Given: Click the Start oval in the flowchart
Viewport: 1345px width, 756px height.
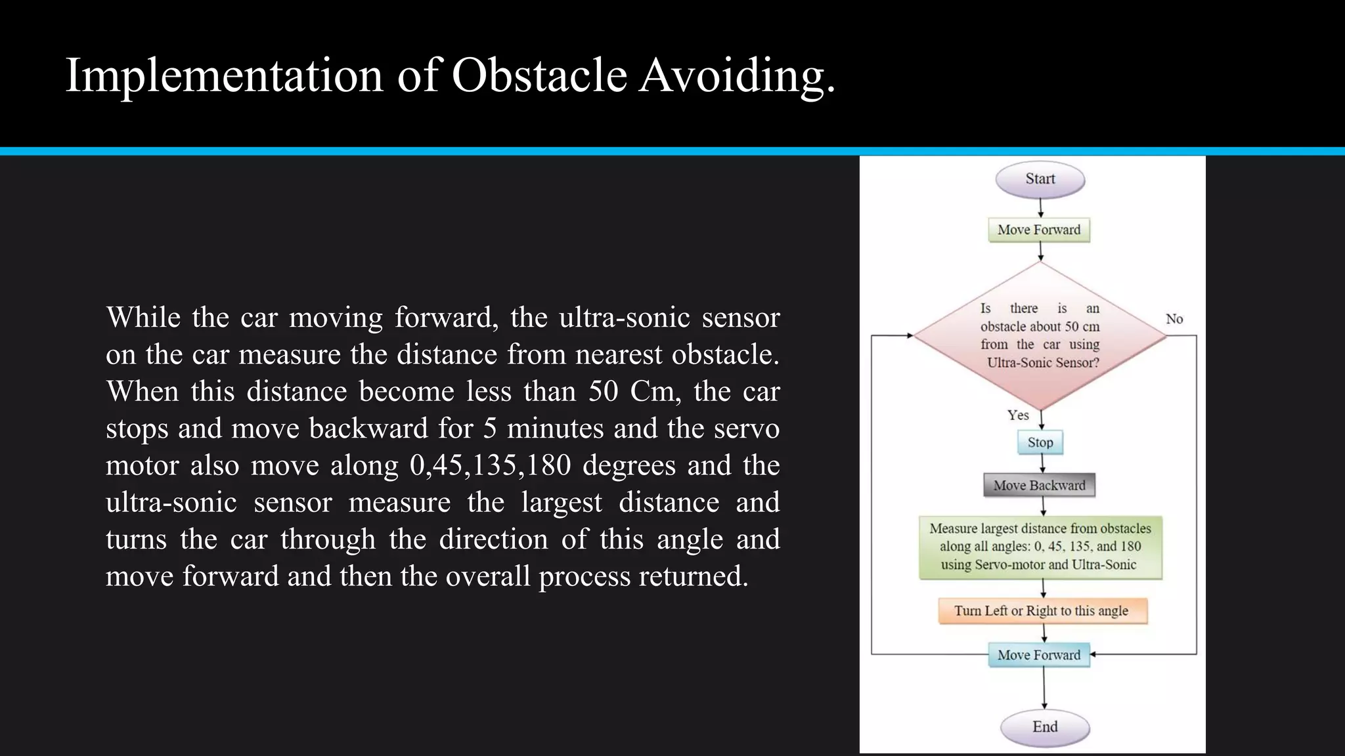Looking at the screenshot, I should [x=1040, y=179].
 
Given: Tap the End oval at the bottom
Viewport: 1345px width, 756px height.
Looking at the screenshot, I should [x=1044, y=727].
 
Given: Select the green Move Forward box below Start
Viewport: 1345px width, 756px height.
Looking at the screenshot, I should [x=1039, y=230].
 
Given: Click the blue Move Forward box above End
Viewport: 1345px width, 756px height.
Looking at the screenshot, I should [x=1039, y=655].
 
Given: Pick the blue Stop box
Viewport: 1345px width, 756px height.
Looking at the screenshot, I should [x=1040, y=442].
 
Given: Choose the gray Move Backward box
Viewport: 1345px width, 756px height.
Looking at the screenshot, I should [x=1039, y=486].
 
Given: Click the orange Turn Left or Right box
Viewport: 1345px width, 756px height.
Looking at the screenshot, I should [x=1042, y=611].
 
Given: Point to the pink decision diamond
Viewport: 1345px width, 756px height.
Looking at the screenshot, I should [x=1040, y=335].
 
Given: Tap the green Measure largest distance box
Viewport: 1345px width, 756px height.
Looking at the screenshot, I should [x=1040, y=547].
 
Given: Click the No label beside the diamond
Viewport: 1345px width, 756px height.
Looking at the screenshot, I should [x=1174, y=319].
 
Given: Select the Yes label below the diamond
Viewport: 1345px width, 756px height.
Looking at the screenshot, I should [x=1018, y=415].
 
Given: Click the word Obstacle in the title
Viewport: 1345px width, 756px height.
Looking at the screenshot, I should [x=539, y=75].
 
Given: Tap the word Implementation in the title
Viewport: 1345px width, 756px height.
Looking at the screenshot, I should [x=224, y=75].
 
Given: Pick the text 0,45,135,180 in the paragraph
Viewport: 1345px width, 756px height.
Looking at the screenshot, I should [x=490, y=465].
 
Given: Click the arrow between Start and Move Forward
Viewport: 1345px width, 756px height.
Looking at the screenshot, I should [x=1040, y=207].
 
